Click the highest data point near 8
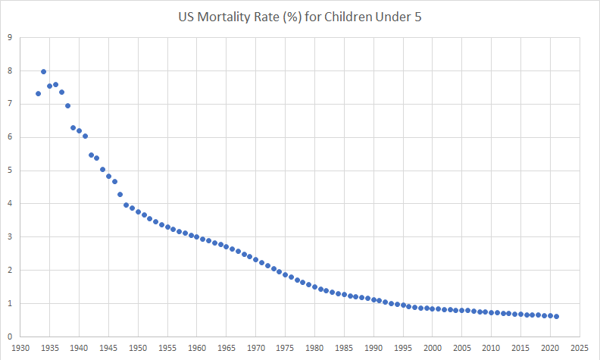(x=43, y=72)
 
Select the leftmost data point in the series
(x=38, y=94)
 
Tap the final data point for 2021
(x=556, y=316)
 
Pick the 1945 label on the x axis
(x=108, y=349)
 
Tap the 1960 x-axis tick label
(x=197, y=349)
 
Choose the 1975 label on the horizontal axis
(x=285, y=349)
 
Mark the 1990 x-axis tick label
(x=373, y=349)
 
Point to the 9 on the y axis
(x=9, y=37)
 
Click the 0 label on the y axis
(x=9, y=337)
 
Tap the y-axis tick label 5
(x=9, y=171)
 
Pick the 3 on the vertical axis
(x=9, y=236)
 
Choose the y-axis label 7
(x=9, y=104)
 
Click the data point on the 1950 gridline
(x=138, y=212)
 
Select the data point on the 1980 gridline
(x=314, y=286)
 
